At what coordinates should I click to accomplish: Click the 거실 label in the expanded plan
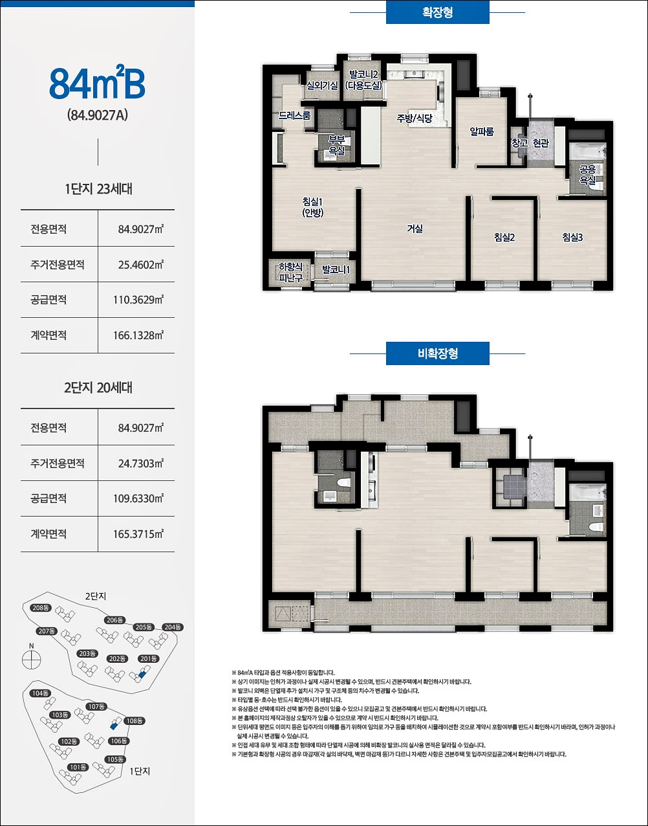(x=415, y=229)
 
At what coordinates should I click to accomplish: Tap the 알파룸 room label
(x=482, y=131)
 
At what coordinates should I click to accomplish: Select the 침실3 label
(x=572, y=237)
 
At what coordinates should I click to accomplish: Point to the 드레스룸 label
(x=295, y=115)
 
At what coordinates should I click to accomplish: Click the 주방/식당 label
(x=415, y=118)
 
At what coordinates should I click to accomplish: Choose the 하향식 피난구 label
(x=291, y=273)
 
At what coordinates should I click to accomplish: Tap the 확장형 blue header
(x=438, y=12)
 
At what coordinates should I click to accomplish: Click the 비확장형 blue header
(x=438, y=353)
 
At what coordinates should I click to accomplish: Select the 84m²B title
(x=97, y=82)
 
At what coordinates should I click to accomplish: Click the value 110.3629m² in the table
(x=138, y=300)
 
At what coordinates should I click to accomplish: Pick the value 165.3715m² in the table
(x=138, y=534)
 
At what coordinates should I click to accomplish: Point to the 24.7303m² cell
(x=140, y=463)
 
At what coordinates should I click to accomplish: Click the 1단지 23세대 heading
(x=98, y=189)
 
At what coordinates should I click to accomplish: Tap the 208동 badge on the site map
(x=41, y=608)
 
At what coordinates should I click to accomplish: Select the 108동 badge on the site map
(x=135, y=720)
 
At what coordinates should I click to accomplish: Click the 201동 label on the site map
(x=149, y=659)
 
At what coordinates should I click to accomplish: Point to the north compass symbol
(x=32, y=660)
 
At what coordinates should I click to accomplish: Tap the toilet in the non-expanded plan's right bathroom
(x=597, y=527)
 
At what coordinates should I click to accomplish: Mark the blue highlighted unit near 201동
(x=142, y=675)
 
